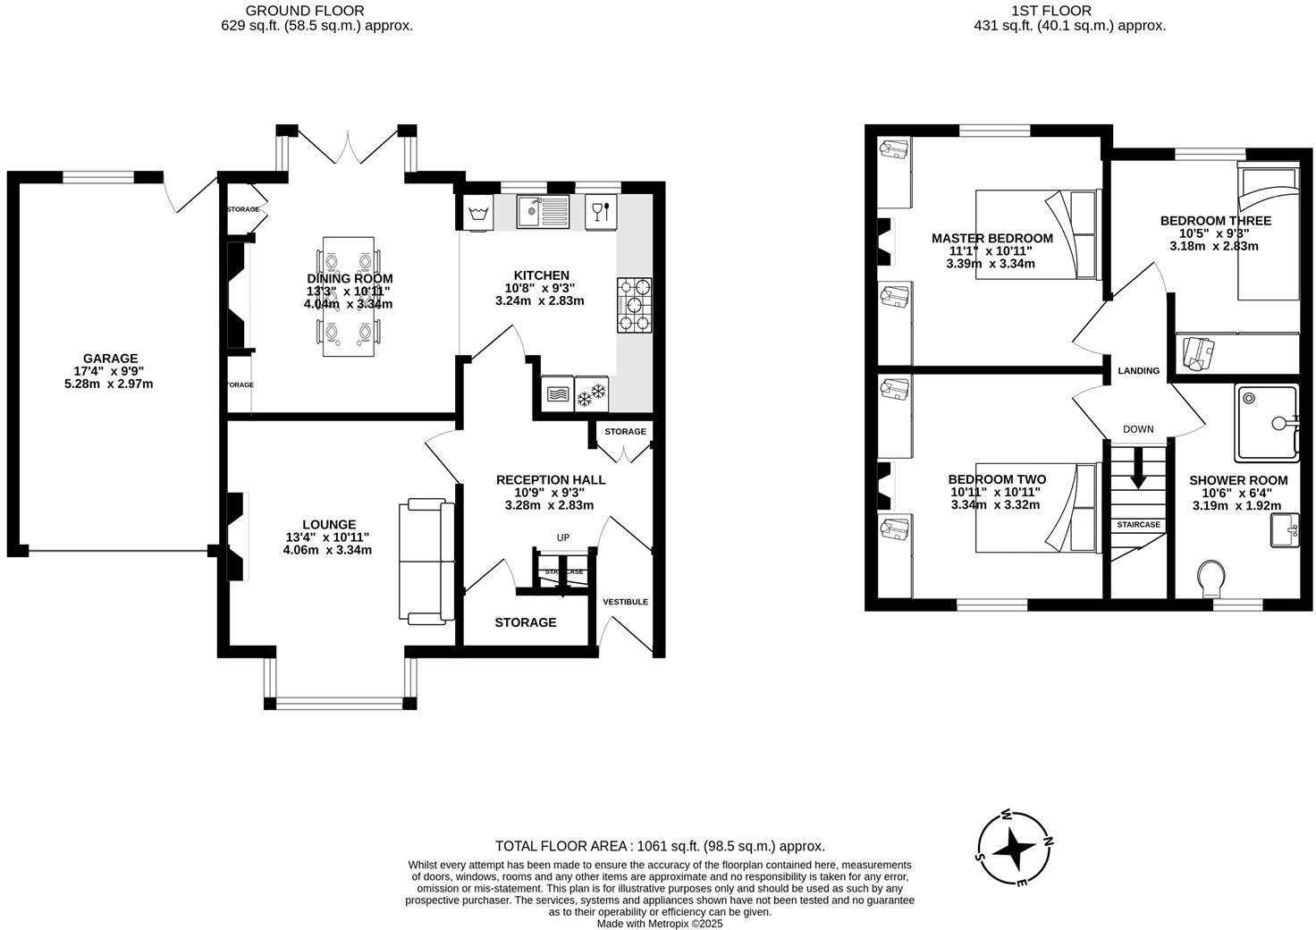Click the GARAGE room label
(x=111, y=359)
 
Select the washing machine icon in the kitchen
(x=477, y=213)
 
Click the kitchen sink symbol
(x=543, y=212)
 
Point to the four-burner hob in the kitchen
(x=635, y=306)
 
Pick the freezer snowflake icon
(x=591, y=393)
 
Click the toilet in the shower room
(x=1212, y=579)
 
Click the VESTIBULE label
(x=625, y=602)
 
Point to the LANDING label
(x=1138, y=371)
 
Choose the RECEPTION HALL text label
(x=550, y=480)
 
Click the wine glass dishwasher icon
(x=599, y=212)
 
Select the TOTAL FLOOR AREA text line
(x=659, y=846)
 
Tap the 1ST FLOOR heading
(x=1069, y=11)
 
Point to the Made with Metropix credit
(x=659, y=924)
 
